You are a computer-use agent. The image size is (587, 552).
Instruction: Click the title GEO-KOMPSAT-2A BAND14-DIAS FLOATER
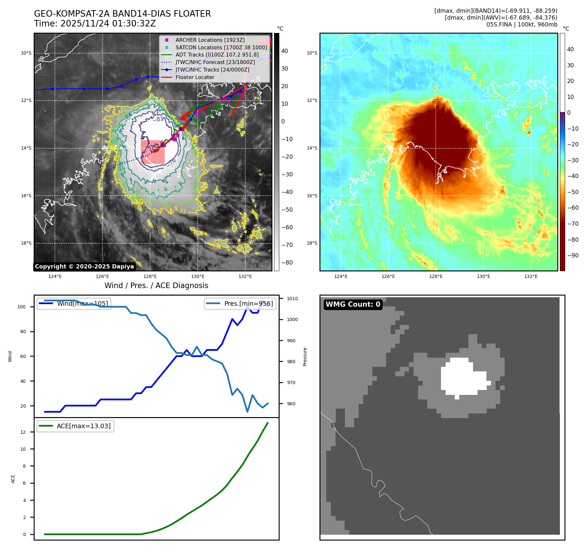click(122, 14)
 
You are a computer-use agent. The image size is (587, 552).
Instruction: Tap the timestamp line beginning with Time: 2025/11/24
click(95, 24)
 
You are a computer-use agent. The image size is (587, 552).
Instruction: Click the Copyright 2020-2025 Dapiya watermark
click(84, 267)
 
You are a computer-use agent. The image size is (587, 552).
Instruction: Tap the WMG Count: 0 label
click(353, 304)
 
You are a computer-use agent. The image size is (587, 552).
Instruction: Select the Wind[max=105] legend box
click(74, 303)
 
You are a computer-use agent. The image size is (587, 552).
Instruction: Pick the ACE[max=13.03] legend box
click(75, 426)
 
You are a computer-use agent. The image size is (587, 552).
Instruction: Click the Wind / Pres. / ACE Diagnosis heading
click(156, 285)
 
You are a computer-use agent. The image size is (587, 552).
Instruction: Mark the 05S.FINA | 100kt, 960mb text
click(522, 24)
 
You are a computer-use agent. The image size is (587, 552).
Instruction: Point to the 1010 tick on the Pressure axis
click(292, 299)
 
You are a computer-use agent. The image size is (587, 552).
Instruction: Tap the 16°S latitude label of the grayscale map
click(26, 196)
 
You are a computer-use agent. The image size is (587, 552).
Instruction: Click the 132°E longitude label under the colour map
click(531, 276)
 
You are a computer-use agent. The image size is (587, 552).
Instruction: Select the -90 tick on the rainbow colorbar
click(573, 255)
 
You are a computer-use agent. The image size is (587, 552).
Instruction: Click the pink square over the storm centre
click(153, 152)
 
